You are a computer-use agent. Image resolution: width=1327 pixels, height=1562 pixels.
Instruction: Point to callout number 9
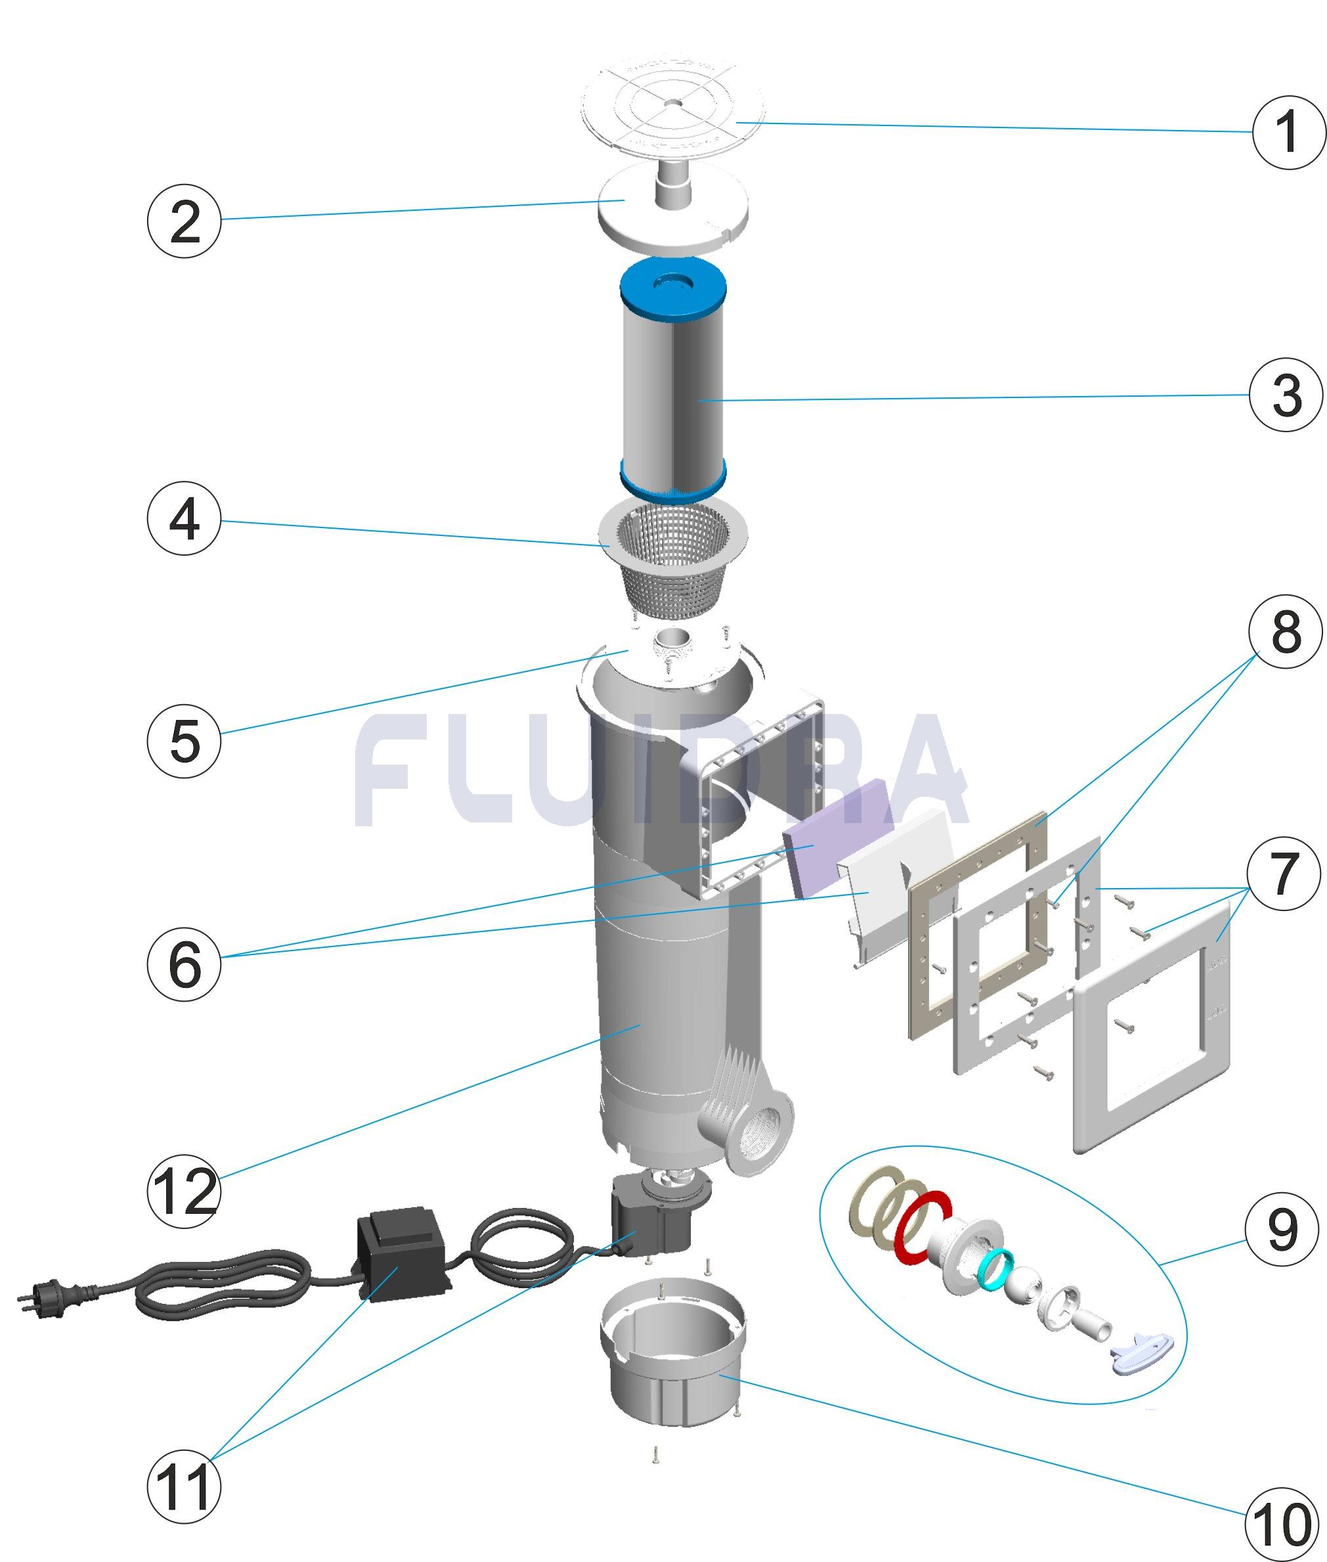click(x=1282, y=1230)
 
